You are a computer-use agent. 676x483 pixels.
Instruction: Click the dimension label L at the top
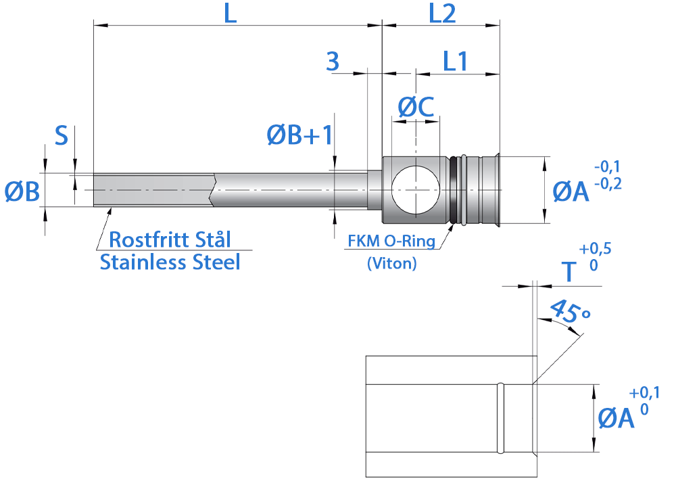point(231,14)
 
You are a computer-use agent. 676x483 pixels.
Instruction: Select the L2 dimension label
point(442,14)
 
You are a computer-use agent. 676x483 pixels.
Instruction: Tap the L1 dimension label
point(455,61)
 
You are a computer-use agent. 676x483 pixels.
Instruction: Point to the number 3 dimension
point(333,61)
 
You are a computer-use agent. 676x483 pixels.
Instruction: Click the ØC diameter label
point(416,107)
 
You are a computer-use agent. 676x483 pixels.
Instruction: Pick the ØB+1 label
point(299,135)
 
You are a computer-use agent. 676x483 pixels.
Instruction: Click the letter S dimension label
point(62,135)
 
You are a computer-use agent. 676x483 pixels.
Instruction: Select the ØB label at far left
point(22,191)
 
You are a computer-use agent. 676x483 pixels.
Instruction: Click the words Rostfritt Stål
point(170,239)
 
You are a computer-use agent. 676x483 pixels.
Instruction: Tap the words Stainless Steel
point(170,262)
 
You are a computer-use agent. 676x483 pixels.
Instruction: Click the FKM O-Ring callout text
point(391,241)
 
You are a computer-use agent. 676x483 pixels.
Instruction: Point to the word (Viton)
point(392,262)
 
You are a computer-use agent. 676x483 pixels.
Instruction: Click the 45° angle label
point(570,311)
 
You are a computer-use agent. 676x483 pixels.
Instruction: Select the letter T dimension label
point(569,271)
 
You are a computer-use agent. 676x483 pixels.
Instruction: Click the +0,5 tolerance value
point(595,249)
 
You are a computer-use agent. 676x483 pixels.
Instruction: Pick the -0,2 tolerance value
point(608,184)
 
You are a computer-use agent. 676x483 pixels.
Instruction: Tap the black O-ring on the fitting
point(453,189)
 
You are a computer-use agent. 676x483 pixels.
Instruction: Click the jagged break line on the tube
point(212,189)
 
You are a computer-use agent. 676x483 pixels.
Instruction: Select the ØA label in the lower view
point(616,418)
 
